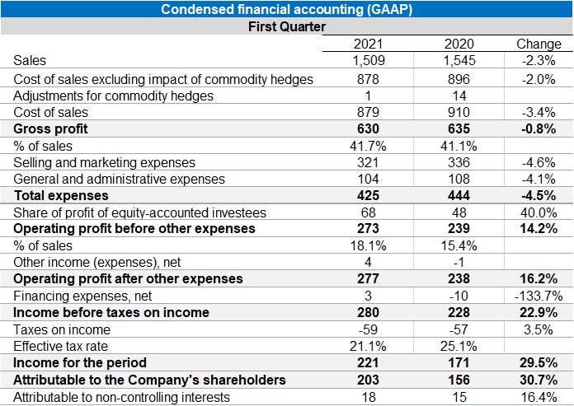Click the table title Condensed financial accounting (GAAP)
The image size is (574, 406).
[287, 9]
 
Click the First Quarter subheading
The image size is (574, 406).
[287, 26]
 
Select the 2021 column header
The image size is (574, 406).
[369, 44]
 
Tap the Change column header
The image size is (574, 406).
[538, 44]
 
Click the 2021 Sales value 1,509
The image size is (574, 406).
[369, 60]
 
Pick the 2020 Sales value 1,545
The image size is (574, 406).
[459, 60]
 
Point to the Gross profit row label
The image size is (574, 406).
[51, 128]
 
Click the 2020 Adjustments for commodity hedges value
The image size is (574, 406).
[459, 96]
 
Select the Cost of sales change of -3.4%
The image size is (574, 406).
[538, 112]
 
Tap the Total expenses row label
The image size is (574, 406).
[61, 196]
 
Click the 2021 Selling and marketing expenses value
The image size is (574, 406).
[369, 162]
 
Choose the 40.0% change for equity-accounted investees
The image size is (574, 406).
[538, 212]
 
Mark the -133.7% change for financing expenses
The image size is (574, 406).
[538, 296]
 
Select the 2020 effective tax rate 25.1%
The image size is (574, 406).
[459, 346]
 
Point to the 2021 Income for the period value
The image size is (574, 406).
[369, 363]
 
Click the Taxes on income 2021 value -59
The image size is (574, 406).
[369, 329]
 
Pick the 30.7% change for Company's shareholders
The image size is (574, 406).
[538, 380]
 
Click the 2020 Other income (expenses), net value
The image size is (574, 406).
[459, 262]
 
